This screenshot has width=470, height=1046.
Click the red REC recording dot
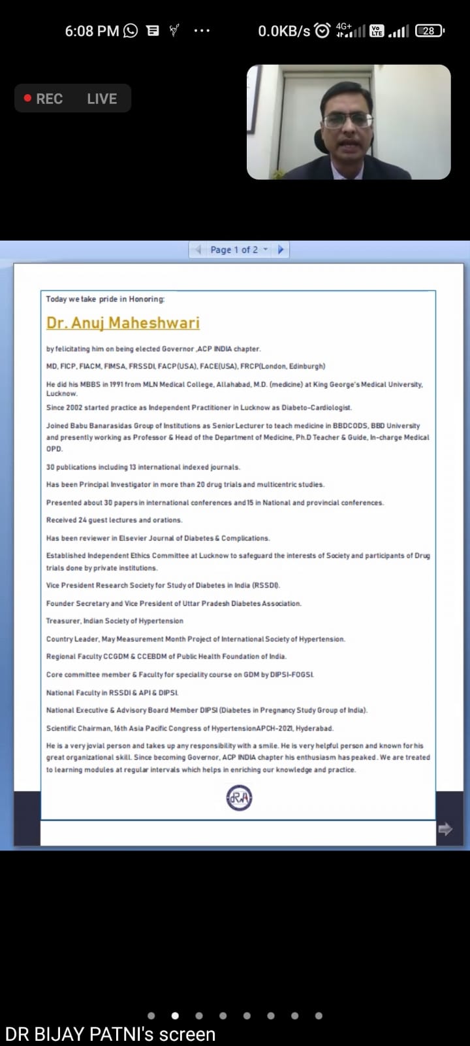pyautogui.click(x=28, y=98)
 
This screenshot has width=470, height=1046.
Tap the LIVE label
pyautogui.click(x=102, y=99)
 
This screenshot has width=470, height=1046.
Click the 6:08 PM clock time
pyautogui.click(x=91, y=31)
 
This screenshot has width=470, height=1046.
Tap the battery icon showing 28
pyautogui.click(x=429, y=31)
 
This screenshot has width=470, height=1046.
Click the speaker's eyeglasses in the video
pyautogui.click(x=347, y=120)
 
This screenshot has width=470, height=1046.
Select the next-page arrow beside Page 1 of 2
pyautogui.click(x=281, y=249)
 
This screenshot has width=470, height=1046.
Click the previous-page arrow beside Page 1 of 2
pyautogui.click(x=198, y=249)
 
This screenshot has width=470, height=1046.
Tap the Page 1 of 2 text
pyautogui.click(x=234, y=250)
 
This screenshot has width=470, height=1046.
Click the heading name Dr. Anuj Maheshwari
pyautogui.click(x=123, y=323)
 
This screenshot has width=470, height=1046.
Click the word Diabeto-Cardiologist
pyautogui.click(x=317, y=407)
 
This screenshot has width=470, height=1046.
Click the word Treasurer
pyautogui.click(x=63, y=621)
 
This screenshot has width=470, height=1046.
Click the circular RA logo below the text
pyautogui.click(x=239, y=798)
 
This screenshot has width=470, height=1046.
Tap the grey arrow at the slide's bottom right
pyautogui.click(x=445, y=829)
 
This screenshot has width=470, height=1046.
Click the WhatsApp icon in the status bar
pyautogui.click(x=131, y=31)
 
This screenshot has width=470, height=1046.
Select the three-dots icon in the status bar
pyautogui.click(x=202, y=31)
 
